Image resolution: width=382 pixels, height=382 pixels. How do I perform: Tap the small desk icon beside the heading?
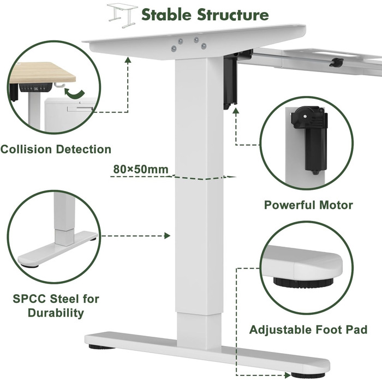[122, 14]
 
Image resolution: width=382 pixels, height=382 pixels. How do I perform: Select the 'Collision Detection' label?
[56, 149]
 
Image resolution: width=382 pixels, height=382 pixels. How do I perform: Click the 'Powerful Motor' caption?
[308, 205]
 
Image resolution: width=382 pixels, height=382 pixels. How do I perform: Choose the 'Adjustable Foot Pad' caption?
[308, 330]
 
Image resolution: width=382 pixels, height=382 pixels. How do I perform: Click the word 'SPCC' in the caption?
[31, 299]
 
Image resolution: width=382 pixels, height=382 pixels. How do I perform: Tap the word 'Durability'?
[57, 313]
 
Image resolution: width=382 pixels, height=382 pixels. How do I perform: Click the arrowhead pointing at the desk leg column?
[168, 236]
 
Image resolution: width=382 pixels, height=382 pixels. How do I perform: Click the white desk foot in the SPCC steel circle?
[55, 250]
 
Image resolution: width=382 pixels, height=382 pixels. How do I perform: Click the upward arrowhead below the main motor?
[236, 110]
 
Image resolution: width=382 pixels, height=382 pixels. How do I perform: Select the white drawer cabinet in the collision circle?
[71, 112]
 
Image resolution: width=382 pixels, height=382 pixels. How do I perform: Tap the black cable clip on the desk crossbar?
[336, 62]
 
